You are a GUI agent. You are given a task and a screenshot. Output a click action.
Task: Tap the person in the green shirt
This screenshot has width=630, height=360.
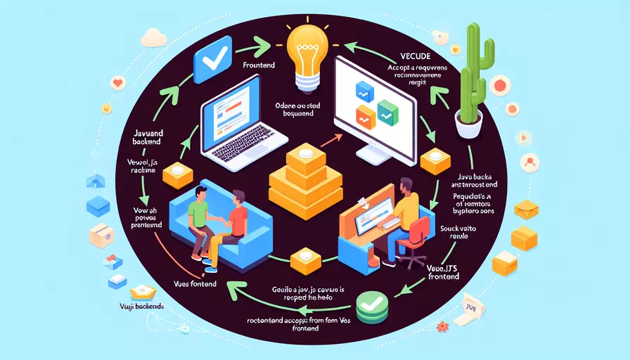click(x=200, y=214)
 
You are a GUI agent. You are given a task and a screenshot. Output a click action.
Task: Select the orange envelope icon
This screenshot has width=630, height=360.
click(x=526, y=209)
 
